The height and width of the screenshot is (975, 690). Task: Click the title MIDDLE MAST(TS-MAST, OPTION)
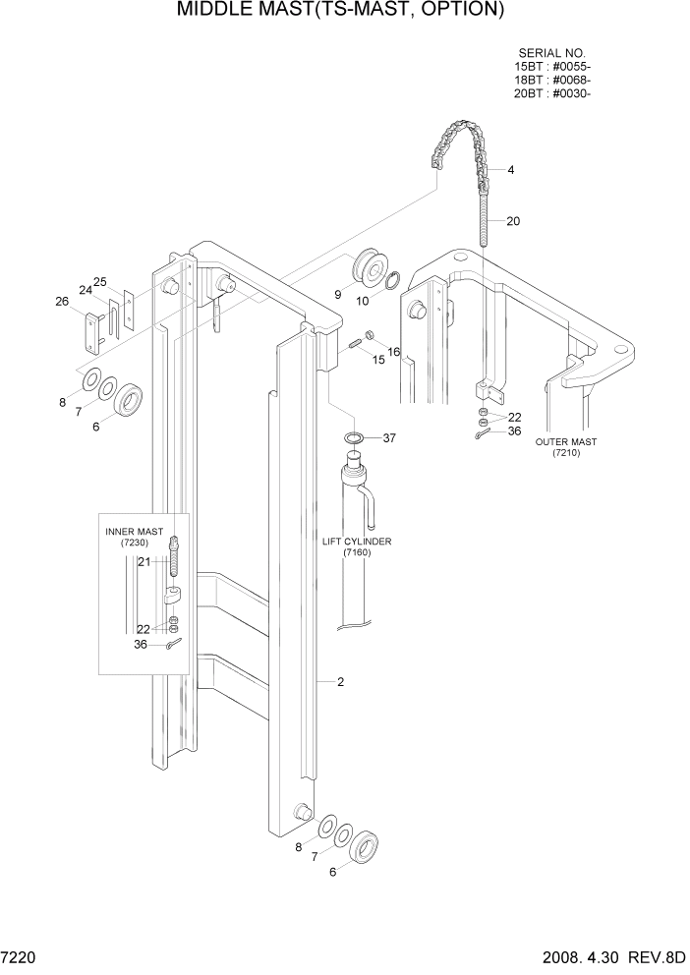[x=341, y=12]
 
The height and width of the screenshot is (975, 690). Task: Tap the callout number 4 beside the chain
[x=511, y=170]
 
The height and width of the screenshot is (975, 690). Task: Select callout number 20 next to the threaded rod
[x=513, y=221]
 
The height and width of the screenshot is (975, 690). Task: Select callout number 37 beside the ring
[x=388, y=438]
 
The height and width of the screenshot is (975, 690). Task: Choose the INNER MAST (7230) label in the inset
[x=135, y=537]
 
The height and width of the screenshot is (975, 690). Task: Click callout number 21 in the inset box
[x=143, y=561]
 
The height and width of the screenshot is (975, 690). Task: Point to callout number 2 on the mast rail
[x=339, y=681]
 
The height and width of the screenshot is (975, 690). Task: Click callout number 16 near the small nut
[x=393, y=351]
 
